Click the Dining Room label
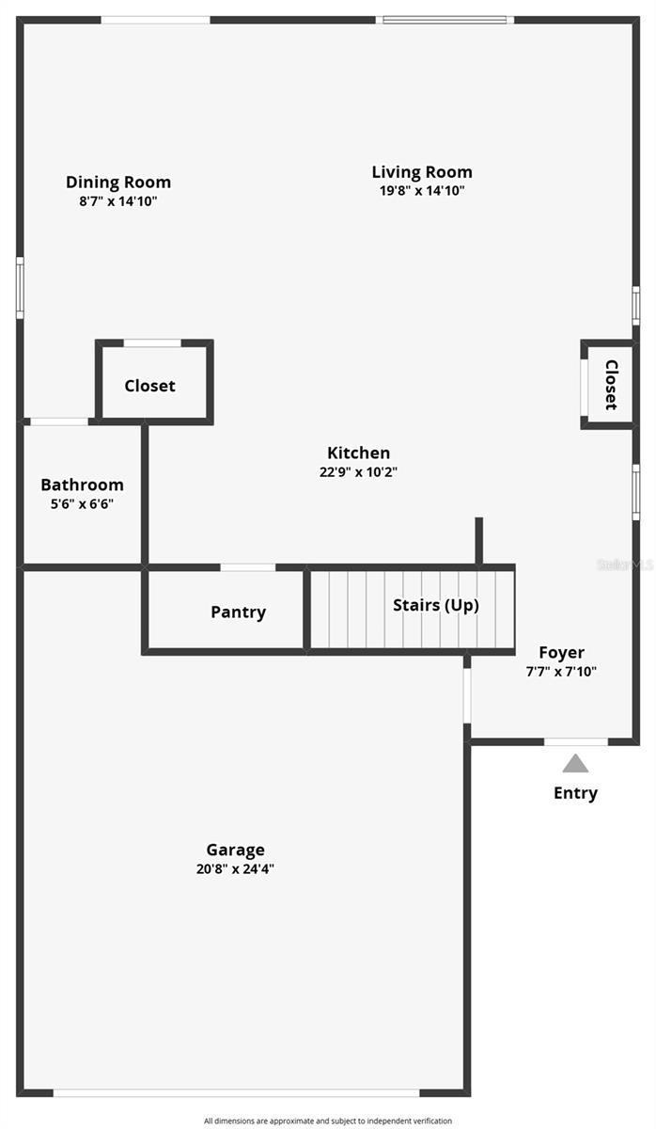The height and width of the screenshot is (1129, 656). click(118, 183)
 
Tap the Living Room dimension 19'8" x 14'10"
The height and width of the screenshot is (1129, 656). click(422, 190)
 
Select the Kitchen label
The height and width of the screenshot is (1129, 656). click(358, 453)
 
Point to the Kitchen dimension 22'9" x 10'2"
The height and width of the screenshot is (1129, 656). click(358, 472)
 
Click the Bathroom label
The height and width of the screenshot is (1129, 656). click(82, 485)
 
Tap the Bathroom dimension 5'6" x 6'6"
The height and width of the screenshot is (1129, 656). click(82, 503)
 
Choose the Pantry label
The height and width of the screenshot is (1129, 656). click(238, 612)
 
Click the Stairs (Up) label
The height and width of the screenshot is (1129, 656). click(435, 605)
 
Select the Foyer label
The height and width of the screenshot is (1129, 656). click(561, 653)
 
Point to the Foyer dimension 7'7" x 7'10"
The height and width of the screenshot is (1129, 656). click(561, 672)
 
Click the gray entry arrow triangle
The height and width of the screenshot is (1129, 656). click(575, 764)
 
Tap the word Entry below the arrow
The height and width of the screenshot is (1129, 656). click(575, 793)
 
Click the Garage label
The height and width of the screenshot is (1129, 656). click(235, 851)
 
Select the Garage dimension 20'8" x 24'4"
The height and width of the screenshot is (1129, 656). click(235, 869)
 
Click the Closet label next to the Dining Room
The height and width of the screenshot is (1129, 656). click(149, 386)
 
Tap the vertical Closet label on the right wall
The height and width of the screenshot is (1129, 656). click(611, 385)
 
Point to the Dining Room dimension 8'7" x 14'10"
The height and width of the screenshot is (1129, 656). click(118, 200)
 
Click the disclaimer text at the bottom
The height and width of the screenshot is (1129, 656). click(328, 1121)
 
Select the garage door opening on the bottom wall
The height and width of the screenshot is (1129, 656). click(236, 1092)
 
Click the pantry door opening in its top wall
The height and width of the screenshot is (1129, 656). click(248, 567)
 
